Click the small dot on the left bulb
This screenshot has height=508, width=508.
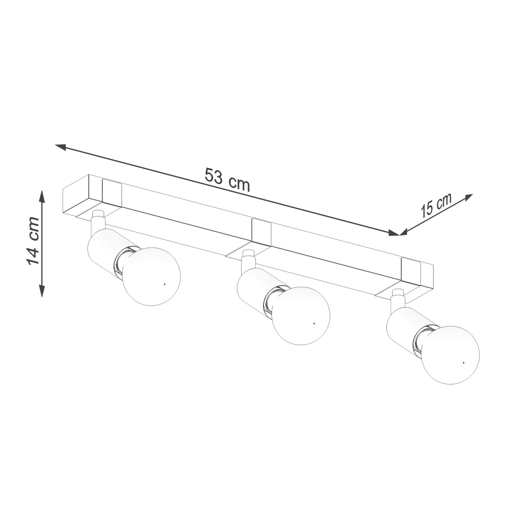164,284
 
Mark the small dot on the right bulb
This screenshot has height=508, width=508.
464,363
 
